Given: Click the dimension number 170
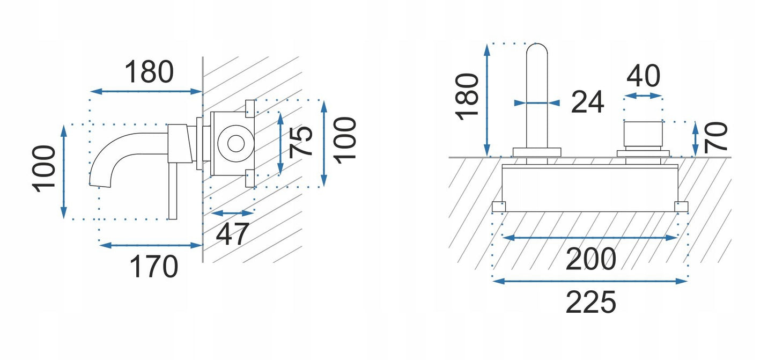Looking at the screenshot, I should tap(154, 267).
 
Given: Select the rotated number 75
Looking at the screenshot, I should tap(303, 141).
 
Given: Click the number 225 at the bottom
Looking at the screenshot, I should tap(591, 303).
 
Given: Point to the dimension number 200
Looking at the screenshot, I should tap(591, 260).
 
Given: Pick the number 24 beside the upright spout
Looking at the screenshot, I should tap(587, 102).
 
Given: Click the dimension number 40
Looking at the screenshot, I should tap(643, 76).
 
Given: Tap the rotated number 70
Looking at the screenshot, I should tap(715, 137).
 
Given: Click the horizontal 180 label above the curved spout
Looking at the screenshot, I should tap(149, 72).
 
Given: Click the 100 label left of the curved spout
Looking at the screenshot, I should tap(45, 168).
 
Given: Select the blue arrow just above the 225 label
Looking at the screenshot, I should tap(590, 281).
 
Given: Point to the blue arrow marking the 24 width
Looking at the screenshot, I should tap(536, 102).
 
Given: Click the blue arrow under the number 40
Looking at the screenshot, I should tap(643, 96).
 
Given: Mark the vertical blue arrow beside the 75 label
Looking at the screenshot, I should tap(280, 143).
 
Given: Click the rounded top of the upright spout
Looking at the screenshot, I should tap(537, 50).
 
